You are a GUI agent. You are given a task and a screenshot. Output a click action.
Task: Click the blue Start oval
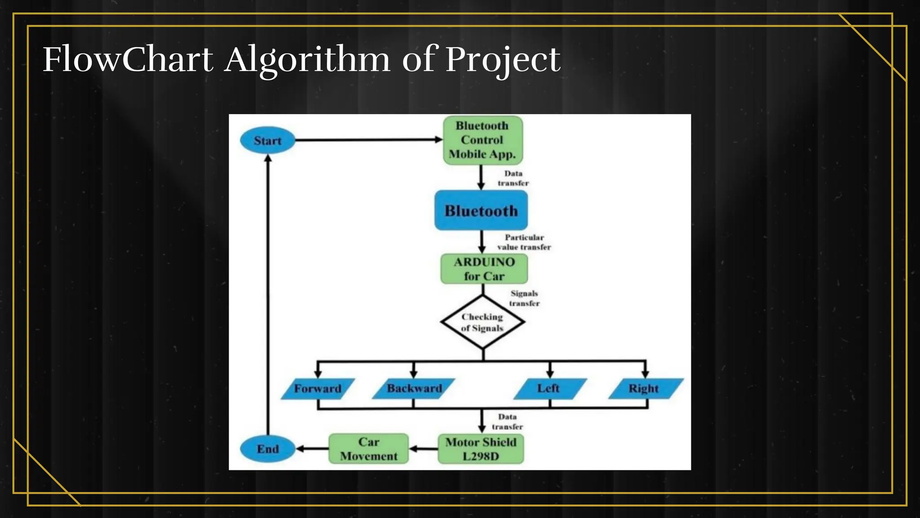pos(268,141)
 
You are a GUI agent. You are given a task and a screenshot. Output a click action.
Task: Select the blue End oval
pos(268,449)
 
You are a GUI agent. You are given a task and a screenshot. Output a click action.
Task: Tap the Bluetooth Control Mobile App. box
pos(482,140)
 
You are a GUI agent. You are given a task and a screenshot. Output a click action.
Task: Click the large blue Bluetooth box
pos(481,210)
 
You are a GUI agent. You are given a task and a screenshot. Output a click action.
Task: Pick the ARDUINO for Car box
pos(484,269)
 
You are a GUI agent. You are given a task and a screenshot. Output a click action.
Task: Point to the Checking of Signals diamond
pos(482,322)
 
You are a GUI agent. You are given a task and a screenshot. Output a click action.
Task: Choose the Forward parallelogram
pos(318,388)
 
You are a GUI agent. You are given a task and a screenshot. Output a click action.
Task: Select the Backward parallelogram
pos(414,388)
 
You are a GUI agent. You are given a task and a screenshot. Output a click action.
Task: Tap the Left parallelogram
pos(549,388)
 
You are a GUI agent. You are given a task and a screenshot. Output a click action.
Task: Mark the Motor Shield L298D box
pos(481,449)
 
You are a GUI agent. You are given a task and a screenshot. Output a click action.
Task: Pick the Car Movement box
pos(369,449)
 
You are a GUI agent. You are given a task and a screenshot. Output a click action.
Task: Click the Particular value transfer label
pos(524,242)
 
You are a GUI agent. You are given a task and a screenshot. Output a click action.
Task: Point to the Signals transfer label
pos(524,298)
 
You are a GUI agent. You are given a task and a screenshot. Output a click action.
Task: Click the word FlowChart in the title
pos(128,59)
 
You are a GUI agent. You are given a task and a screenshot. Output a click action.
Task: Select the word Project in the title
pos(503,60)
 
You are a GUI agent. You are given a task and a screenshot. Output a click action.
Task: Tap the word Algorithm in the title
pos(308,60)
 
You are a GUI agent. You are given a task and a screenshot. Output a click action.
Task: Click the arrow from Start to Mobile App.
pos(368,140)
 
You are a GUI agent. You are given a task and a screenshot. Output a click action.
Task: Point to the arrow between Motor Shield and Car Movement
pos(423,449)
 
